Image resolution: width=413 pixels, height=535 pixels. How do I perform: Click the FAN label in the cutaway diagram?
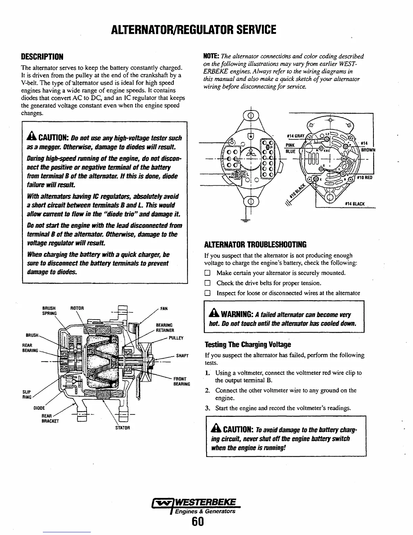(164, 308)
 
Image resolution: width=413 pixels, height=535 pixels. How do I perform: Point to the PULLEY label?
(176, 337)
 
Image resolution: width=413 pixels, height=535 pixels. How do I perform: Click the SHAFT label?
(182, 356)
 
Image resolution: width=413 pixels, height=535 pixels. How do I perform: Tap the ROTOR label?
(77, 308)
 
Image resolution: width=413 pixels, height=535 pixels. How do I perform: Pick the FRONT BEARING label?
(182, 381)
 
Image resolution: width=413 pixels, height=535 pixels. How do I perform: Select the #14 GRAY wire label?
(295, 136)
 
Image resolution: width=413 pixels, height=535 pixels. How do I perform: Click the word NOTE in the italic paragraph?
(211, 56)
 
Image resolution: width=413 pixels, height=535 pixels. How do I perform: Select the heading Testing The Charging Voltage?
(248, 345)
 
